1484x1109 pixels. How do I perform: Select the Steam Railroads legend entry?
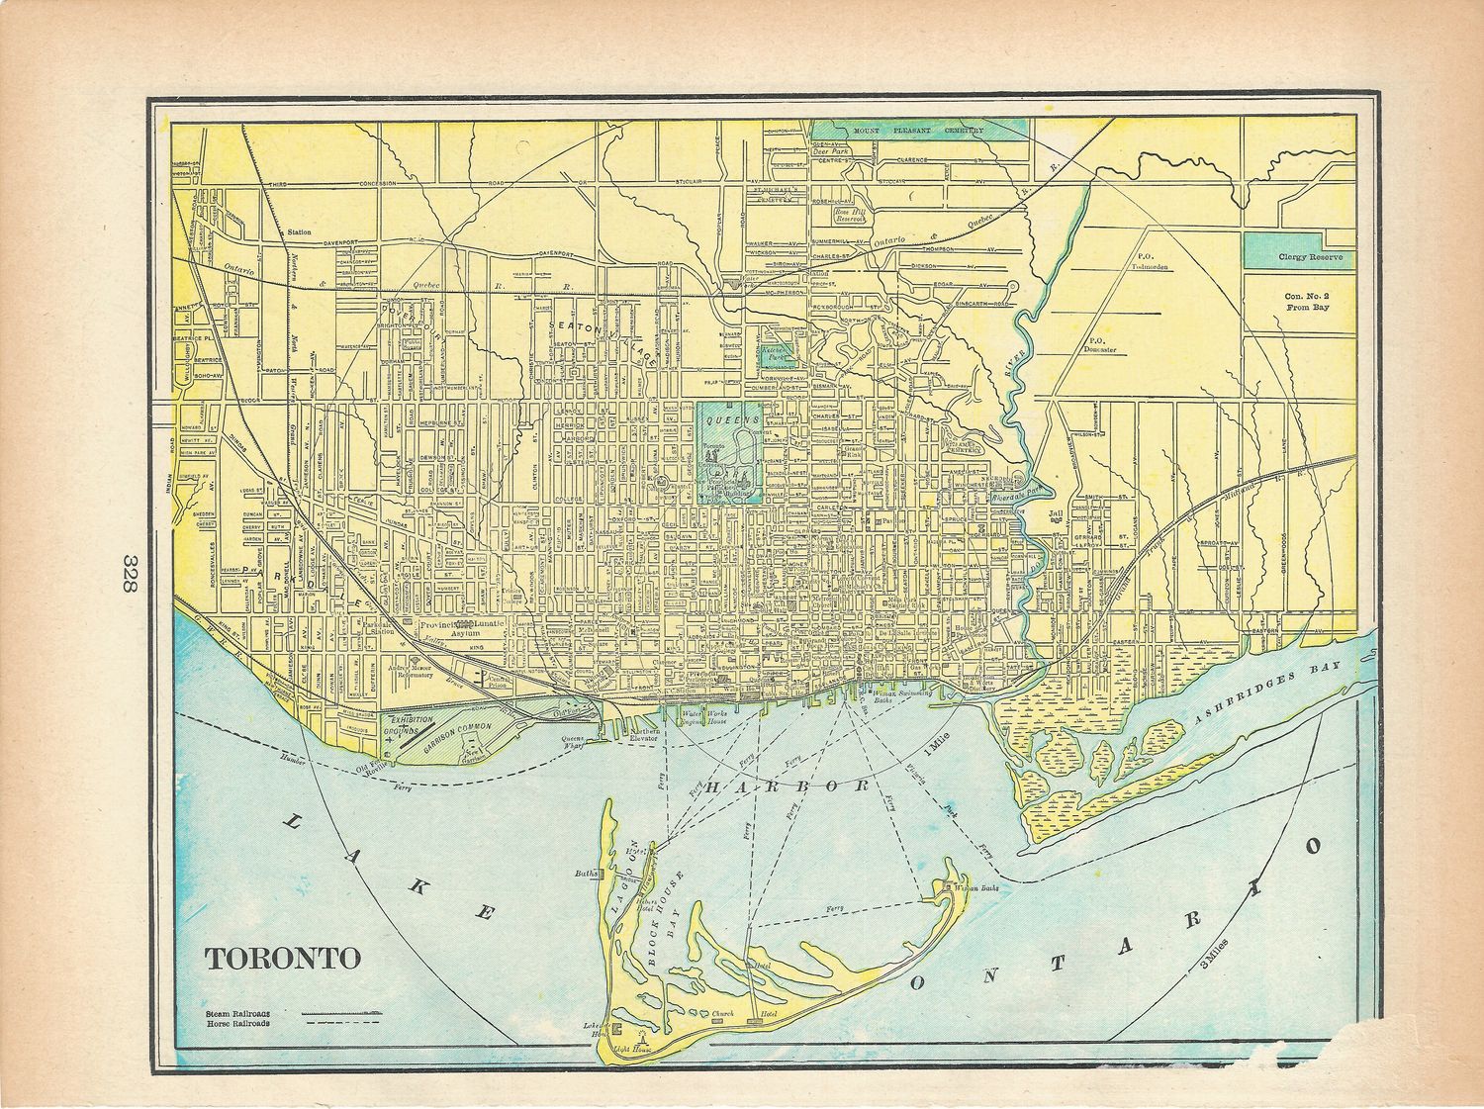tap(237, 1013)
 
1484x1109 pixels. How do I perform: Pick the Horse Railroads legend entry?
tap(237, 1024)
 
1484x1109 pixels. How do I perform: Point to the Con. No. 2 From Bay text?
tap(1307, 302)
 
